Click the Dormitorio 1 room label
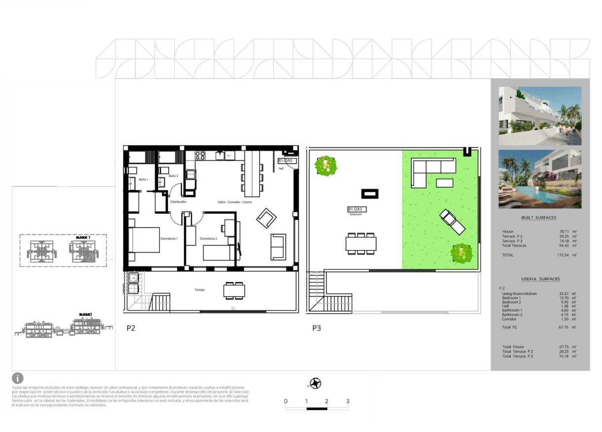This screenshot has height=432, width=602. tap(169, 239)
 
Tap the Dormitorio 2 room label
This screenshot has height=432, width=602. tap(209, 239)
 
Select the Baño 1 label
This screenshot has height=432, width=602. tap(143, 180)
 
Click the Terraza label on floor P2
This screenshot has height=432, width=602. tap(200, 290)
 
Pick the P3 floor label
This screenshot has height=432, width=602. tap(317, 328)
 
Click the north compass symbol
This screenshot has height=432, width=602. tap(316, 383)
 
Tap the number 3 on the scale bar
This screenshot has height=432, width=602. tap(348, 401)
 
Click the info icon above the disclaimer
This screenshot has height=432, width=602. tap(18, 378)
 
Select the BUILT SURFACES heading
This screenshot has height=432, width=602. tap(538, 218)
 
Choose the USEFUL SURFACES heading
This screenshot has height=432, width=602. tap(540, 279)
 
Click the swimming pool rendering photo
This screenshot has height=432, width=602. tap(540, 179)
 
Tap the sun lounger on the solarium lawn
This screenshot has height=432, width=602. tap(452, 222)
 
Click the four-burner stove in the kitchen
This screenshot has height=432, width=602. tap(200, 155)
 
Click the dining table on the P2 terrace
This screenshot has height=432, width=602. tap(234, 291)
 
